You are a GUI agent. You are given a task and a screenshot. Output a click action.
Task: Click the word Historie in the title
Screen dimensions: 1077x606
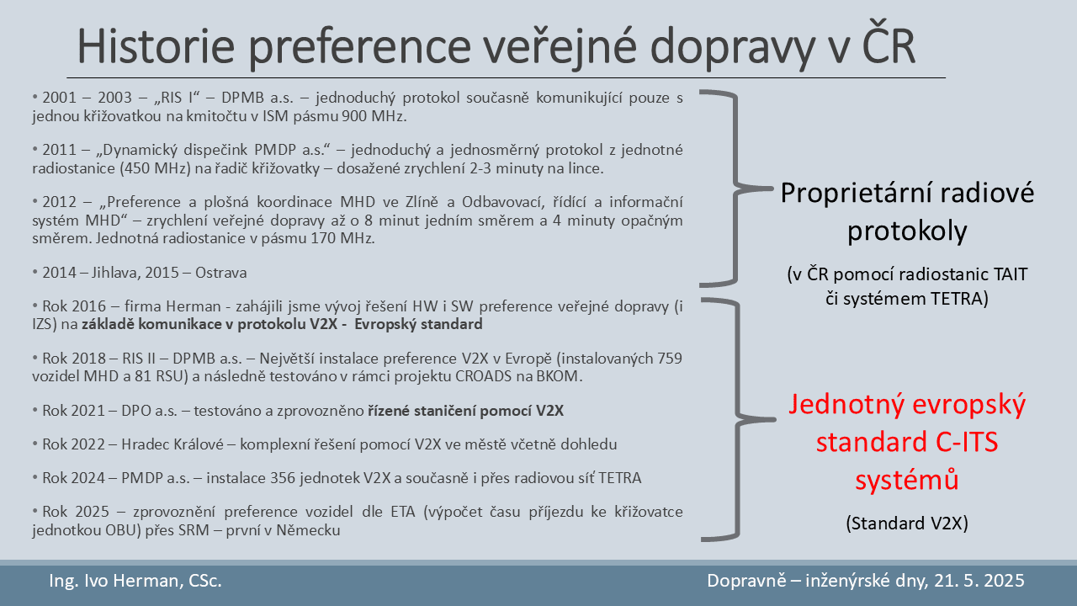157,46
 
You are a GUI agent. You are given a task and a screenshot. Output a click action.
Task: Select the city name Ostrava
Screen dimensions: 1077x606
220,273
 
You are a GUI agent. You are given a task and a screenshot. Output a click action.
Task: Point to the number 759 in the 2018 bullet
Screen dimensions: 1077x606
670,359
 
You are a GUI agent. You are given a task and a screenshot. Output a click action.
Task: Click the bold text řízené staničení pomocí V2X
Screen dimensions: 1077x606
466,411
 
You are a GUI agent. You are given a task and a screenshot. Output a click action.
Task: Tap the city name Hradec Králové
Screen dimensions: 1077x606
172,444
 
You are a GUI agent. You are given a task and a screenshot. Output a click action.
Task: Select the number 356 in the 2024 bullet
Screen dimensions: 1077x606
284,478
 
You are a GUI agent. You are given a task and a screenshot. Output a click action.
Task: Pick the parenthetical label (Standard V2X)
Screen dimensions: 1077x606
907,524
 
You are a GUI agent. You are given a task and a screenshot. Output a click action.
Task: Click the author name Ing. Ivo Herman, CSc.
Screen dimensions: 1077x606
135,581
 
